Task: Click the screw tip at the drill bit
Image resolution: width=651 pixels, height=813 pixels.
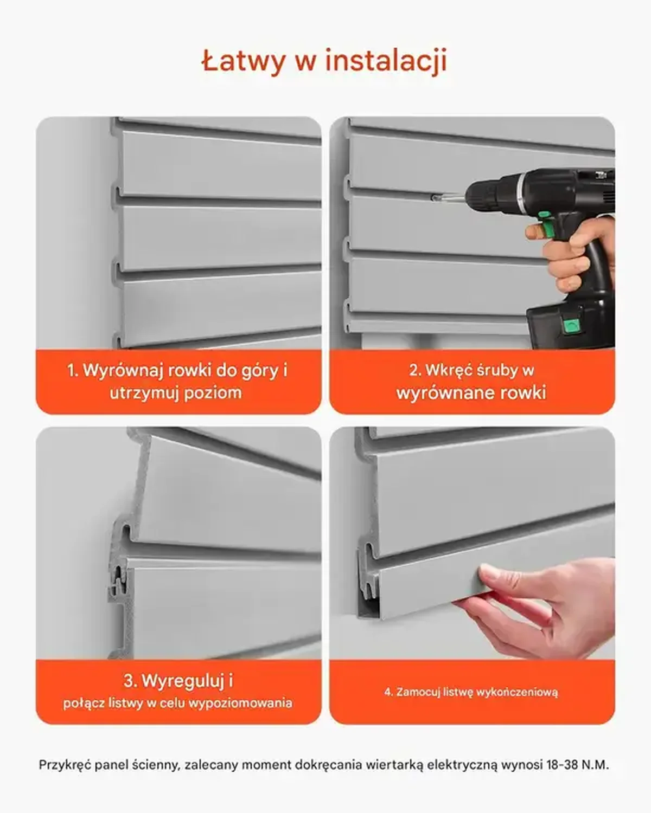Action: click(434, 197)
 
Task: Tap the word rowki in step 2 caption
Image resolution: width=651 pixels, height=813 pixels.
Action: click(520, 392)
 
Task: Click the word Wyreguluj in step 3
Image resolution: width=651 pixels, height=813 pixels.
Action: click(183, 681)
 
